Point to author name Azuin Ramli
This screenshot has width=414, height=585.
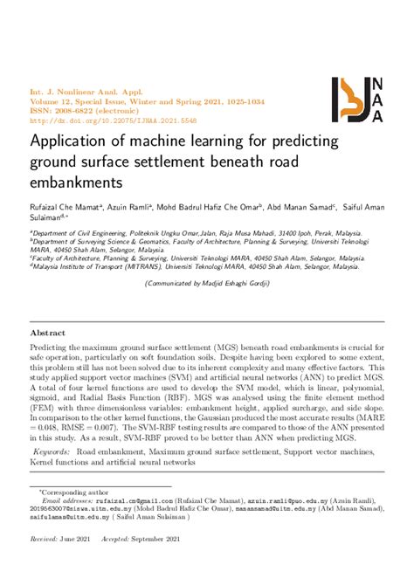130,208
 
